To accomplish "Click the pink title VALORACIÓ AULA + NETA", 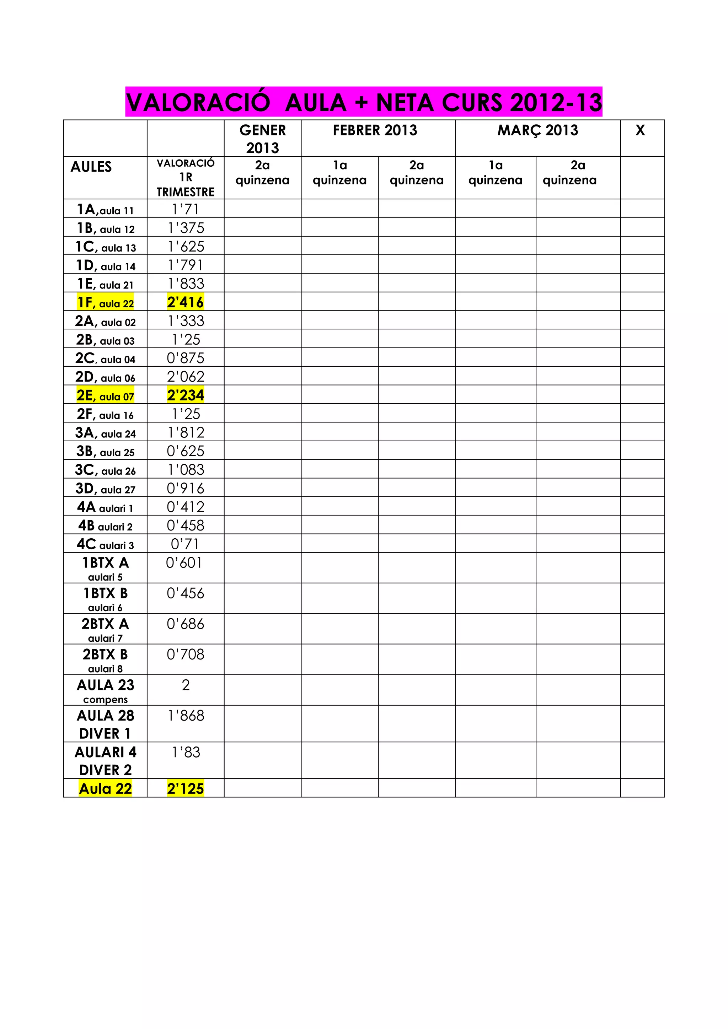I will [364, 102].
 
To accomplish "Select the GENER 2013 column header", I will [262, 139].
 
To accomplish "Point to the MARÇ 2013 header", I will [537, 130].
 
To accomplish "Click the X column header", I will [640, 130].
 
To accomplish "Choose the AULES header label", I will [91, 167].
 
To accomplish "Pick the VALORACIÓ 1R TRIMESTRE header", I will [186, 177].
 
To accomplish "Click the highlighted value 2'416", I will [186, 302].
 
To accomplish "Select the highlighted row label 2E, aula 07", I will [105, 395].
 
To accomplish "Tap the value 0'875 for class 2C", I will [186, 358].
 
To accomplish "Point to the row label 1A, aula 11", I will [105, 209].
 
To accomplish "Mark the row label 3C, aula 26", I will [105, 470].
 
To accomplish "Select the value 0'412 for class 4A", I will [186, 507].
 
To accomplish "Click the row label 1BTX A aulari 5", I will [105, 568].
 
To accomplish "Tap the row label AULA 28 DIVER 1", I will [105, 724].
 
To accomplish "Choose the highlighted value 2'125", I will [186, 788].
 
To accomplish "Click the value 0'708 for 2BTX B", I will [186, 654].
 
